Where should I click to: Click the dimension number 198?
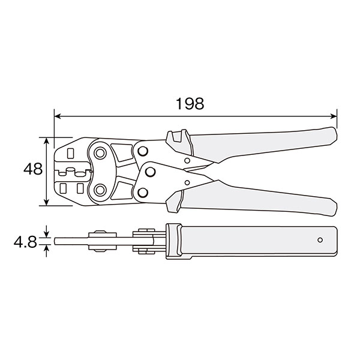[190, 104]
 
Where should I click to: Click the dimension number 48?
[33, 169]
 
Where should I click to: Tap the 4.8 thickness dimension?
[25, 242]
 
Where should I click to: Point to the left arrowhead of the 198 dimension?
[58, 116]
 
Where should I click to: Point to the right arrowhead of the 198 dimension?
[334, 116]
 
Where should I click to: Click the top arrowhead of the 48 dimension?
[46, 140]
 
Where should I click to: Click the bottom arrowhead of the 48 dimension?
[46, 203]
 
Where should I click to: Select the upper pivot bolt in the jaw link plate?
[100, 153]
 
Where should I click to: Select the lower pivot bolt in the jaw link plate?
[100, 190]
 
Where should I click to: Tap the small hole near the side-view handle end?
[320, 240]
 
